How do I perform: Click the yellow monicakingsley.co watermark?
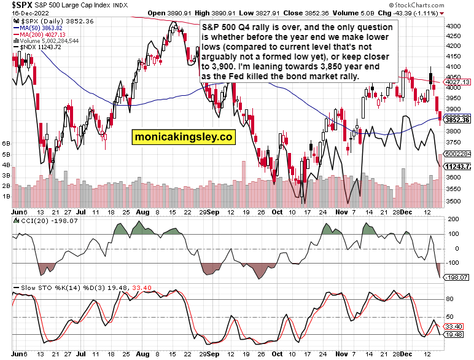coord(183,137)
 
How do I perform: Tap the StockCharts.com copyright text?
coord(441,5)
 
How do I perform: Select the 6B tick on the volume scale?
coord(8,143)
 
